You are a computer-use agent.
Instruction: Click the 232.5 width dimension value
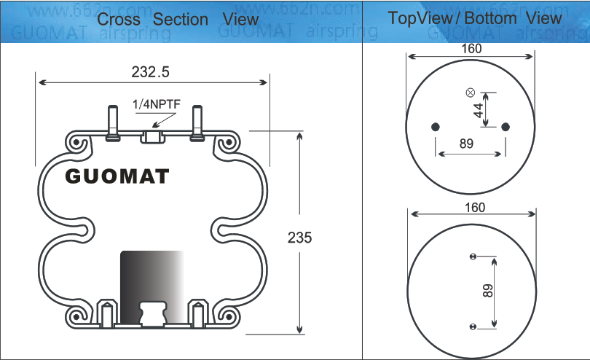coord(151,71)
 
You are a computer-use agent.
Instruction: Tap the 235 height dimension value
coord(299,237)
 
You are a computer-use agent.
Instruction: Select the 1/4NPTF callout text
coord(156,104)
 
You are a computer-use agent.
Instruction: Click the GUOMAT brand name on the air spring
coord(117,176)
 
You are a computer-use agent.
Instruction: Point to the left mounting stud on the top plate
coord(111,122)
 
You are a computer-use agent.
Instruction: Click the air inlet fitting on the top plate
coord(153,136)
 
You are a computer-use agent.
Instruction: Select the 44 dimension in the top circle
coord(479,110)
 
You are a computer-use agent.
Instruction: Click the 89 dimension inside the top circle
coord(467,144)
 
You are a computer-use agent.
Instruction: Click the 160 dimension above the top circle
coord(472,49)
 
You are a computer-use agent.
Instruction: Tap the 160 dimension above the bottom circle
coord(474,208)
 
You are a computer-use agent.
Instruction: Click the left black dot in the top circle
coord(436,127)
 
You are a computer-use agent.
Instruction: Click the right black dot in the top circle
coord(505,127)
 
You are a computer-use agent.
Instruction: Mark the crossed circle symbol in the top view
coord(470,93)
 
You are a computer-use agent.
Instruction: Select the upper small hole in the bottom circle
coord(473,257)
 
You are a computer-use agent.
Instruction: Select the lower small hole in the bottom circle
coord(473,325)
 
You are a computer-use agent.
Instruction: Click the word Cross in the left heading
coord(120,20)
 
